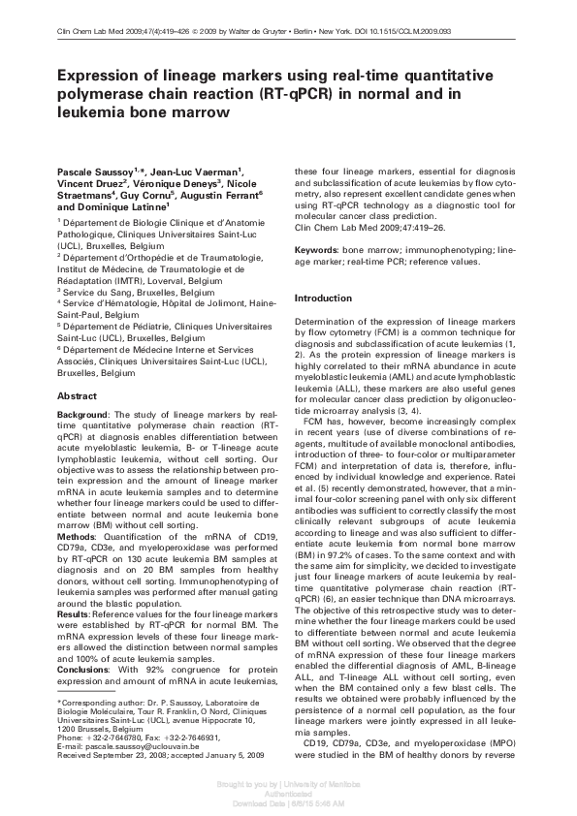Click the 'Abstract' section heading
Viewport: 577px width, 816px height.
click(77, 396)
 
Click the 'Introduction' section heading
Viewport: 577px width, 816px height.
click(324, 298)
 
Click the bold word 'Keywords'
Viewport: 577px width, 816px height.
click(316, 251)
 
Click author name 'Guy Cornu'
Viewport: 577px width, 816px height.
click(124, 194)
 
